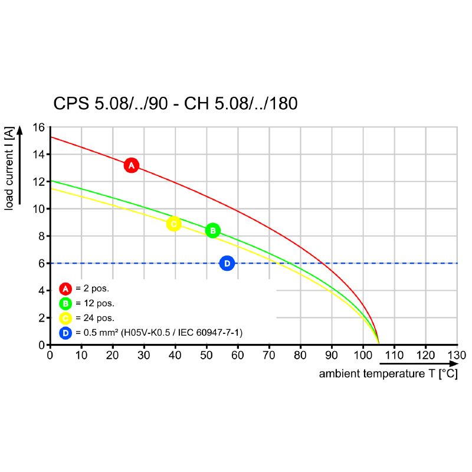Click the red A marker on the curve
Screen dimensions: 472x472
coord(132,165)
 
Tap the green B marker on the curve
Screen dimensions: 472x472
coord(213,231)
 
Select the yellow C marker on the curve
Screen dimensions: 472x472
coord(173,224)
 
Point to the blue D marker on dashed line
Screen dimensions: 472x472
coord(227,263)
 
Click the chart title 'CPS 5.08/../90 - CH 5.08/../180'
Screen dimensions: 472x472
coord(175,104)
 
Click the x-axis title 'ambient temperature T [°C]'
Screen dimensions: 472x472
coord(388,374)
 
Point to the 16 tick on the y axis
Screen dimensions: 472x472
coord(38,127)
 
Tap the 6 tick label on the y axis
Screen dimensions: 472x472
coord(41,263)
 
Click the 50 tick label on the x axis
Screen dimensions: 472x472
coord(206,355)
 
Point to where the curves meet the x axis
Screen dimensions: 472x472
coord(378,343)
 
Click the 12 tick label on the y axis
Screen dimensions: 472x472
coord(38,182)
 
